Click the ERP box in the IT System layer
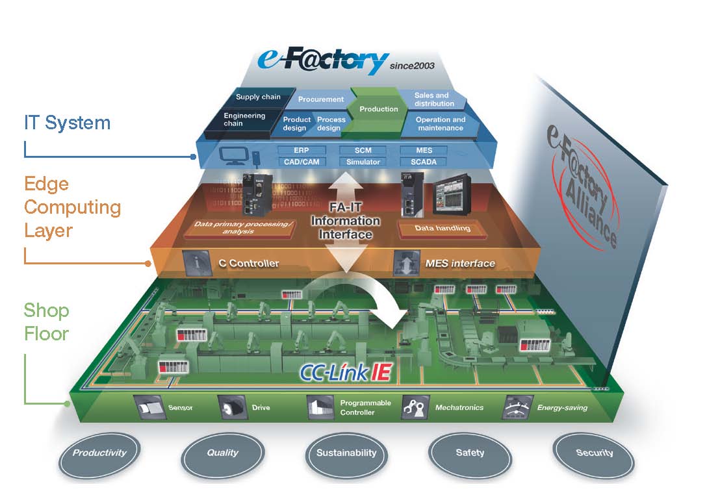(301, 150)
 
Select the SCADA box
(424, 162)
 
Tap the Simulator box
(363, 162)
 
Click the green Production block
(379, 108)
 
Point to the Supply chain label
(258, 97)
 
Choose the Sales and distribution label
(434, 99)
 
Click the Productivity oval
(99, 453)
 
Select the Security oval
(594, 453)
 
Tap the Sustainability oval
(346, 453)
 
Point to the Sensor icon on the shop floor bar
(148, 407)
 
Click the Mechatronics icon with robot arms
(413, 407)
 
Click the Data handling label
(443, 229)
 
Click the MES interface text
(461, 263)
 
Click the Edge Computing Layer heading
(72, 207)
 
